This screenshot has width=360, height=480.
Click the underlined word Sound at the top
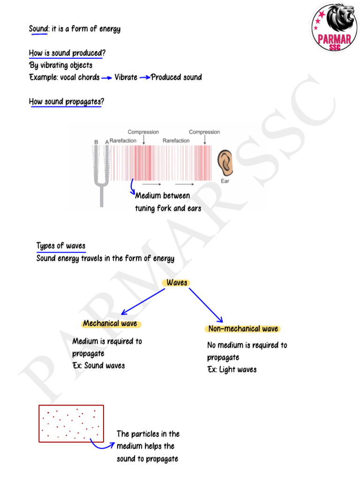pos(38,29)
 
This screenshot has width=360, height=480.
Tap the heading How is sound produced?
pos(67,53)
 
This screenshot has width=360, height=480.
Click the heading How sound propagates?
pos(66,102)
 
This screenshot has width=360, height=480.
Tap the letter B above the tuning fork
pos(96,142)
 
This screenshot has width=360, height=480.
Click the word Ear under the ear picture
pos(225,181)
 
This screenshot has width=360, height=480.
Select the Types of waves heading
pos(61,246)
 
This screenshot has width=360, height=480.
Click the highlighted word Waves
pos(177,283)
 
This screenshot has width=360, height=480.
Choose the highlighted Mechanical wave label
pos(110,323)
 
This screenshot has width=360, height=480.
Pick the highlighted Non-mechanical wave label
pos(243,329)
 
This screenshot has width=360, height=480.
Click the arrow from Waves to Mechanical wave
pos(143,301)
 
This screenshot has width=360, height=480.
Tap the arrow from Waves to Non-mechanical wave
pos(205,304)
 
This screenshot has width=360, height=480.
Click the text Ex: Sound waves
pos(99,366)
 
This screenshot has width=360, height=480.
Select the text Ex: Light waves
pos(232,369)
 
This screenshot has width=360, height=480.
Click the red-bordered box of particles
pos(71,423)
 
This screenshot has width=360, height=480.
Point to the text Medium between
pos(163,196)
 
